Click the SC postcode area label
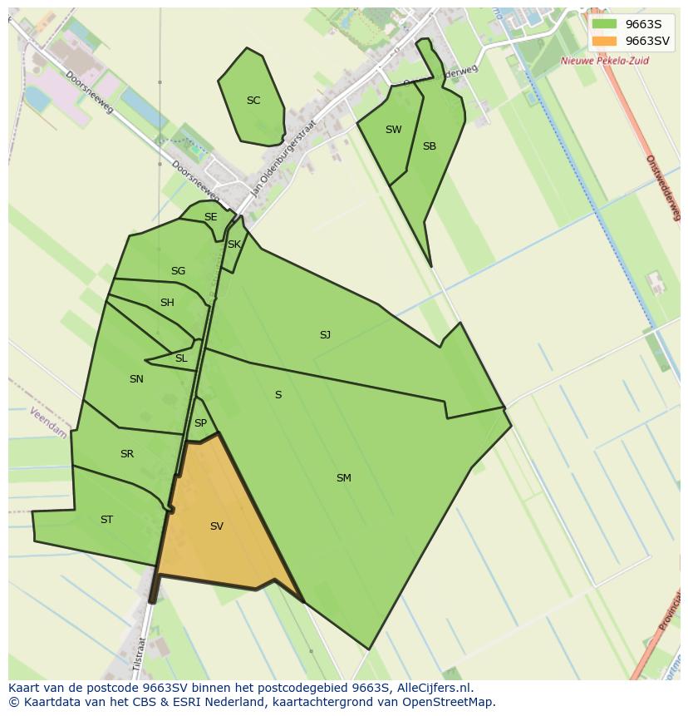(253, 101)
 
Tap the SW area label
(393, 130)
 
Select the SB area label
(429, 146)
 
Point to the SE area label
(210, 217)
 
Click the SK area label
(233, 244)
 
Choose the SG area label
(178, 271)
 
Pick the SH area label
(167, 303)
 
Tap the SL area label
(181, 358)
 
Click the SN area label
(136, 379)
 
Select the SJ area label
(325, 335)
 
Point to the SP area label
(200, 423)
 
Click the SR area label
(126, 454)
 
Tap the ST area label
(106, 520)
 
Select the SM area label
(343, 478)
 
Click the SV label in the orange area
(216, 526)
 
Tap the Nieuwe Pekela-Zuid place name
(604, 61)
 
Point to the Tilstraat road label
(140, 654)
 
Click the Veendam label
(48, 422)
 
